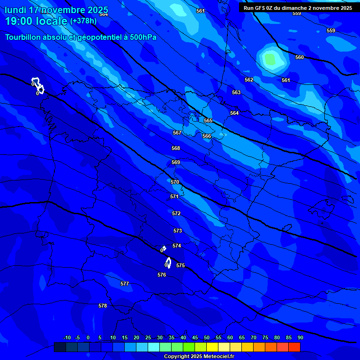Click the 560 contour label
tap(300, 57)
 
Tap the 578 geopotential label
tap(103, 306)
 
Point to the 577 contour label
tap(124, 284)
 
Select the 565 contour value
tap(208, 120)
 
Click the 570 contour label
tap(175, 182)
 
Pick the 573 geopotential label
tap(178, 231)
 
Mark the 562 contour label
tap(249, 80)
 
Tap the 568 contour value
tap(176, 148)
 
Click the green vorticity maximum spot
tap(270, 59)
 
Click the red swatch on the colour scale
tap(294, 347)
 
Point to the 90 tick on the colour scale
tap(300, 337)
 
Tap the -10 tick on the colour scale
tap(67, 337)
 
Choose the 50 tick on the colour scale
tap(207, 337)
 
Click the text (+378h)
tap(83, 21)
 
